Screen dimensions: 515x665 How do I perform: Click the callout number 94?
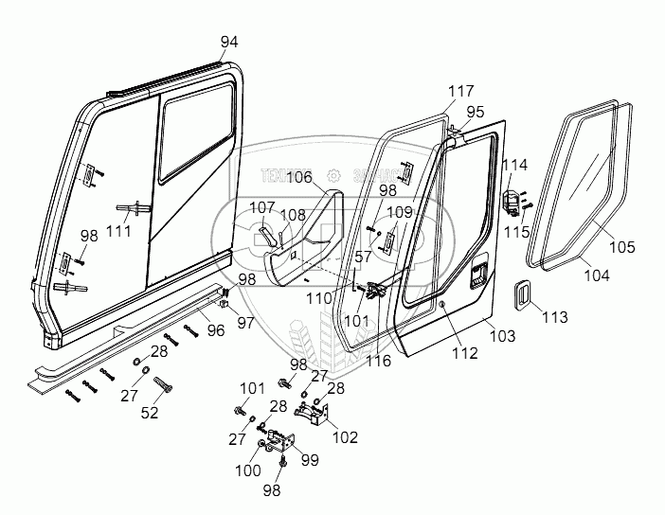point(229,42)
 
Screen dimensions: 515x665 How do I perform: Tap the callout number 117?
point(461,91)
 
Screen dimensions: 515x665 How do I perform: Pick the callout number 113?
point(553,317)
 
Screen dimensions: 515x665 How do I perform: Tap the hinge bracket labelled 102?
point(313,411)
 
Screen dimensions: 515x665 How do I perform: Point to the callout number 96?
point(215,330)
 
